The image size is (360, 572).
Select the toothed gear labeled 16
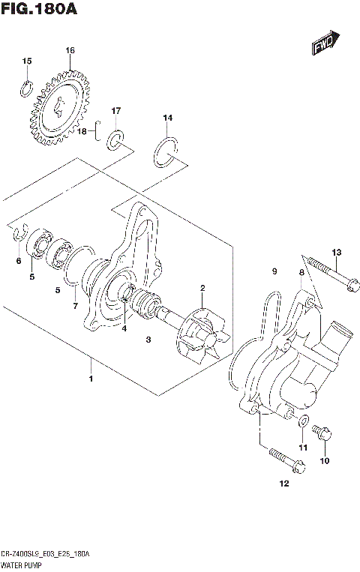point(57,108)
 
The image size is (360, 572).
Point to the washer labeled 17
point(117,139)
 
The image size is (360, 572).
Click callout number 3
point(148,340)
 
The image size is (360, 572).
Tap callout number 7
point(75,307)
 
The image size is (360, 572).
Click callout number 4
point(124,328)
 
